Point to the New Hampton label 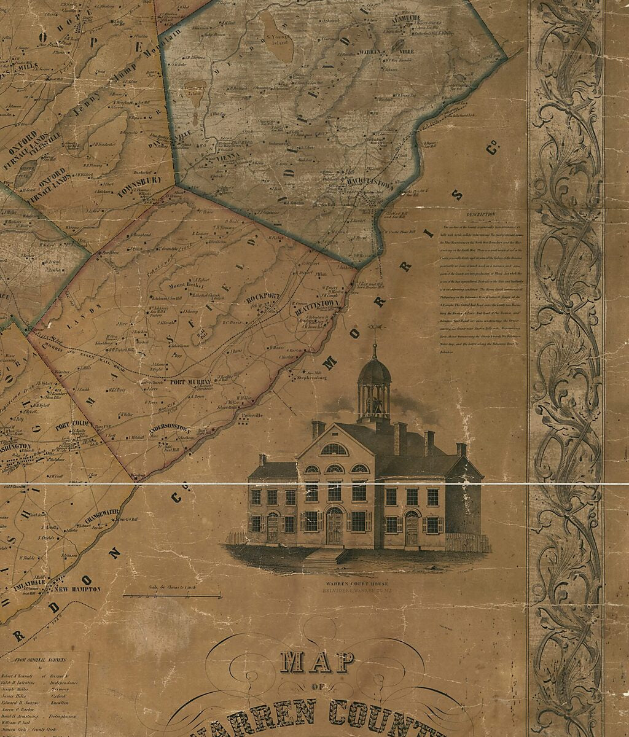click(77, 589)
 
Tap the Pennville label click(252, 416)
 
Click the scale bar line click(171, 596)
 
